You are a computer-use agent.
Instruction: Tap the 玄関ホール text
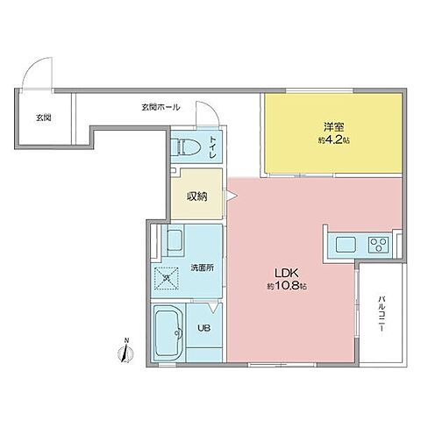[161, 107]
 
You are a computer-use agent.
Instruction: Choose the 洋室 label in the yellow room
[331, 125]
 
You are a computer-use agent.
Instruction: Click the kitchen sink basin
[342, 244]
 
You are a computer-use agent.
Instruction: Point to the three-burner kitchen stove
[380, 244]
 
